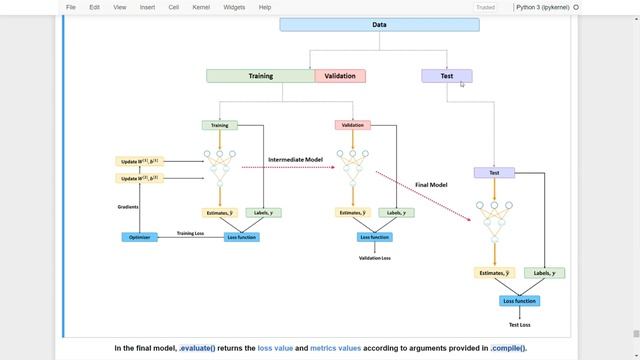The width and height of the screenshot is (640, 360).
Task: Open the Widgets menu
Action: pyautogui.click(x=234, y=7)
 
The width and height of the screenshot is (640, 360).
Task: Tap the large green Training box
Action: pyautogui.click(x=260, y=76)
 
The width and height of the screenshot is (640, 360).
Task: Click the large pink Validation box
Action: pyautogui.click(x=340, y=76)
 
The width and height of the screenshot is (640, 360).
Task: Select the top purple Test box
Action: pyautogui.click(x=446, y=76)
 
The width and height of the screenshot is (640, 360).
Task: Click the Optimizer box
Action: pyautogui.click(x=140, y=237)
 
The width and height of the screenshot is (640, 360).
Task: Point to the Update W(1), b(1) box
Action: pyautogui.click(x=139, y=161)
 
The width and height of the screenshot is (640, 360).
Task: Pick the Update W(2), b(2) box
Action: pyautogui.click(x=139, y=178)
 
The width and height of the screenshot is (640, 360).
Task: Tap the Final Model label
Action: pyautogui.click(x=431, y=184)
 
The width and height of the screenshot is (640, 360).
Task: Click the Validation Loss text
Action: pyautogui.click(x=375, y=258)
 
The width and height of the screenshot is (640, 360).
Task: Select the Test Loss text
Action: pyautogui.click(x=518, y=325)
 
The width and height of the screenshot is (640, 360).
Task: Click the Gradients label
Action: pyautogui.click(x=127, y=207)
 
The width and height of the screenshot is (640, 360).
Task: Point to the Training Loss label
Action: pyautogui.click(x=191, y=233)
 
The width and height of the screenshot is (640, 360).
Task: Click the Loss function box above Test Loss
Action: pyautogui.click(x=519, y=301)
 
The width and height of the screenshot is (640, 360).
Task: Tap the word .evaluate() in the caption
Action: pyautogui.click(x=197, y=348)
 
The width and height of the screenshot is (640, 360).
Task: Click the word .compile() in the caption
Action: pyautogui.click(x=508, y=348)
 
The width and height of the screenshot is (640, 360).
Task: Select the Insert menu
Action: pyautogui.click(x=147, y=7)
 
